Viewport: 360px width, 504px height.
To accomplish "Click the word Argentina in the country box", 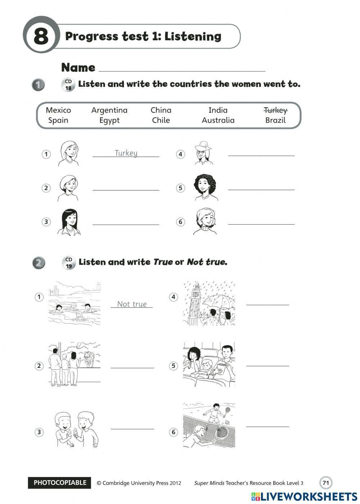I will [x=109, y=110].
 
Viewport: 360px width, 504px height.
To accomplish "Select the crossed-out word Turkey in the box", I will [x=275, y=110].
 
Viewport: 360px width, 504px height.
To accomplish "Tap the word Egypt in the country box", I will [x=109, y=120].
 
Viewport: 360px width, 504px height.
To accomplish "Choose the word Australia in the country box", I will [x=218, y=120].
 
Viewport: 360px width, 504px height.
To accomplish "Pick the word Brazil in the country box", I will [x=275, y=120].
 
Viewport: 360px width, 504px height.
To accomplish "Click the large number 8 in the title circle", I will [x=41, y=36].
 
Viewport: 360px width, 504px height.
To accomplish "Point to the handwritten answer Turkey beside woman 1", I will [x=126, y=153].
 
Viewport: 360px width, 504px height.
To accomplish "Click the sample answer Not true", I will [x=132, y=304].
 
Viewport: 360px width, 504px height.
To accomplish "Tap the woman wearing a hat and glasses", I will [x=203, y=153].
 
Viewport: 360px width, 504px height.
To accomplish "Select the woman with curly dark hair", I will [x=205, y=187].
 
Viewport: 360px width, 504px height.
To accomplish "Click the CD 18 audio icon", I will [x=68, y=85].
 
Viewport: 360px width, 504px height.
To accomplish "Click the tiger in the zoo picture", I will [x=88, y=358].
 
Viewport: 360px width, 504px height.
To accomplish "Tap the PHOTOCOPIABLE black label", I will [x=60, y=483].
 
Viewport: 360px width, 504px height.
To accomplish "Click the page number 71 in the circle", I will [x=326, y=483].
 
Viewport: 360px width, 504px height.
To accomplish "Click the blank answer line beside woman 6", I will [x=261, y=224].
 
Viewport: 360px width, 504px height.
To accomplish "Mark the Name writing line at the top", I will [x=182, y=70].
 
